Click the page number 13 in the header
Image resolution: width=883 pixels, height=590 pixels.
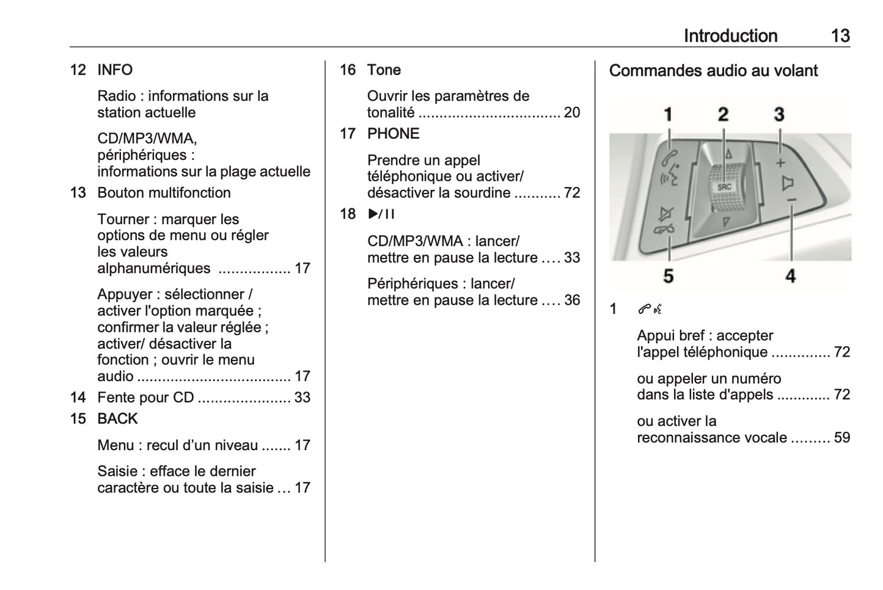coord(840,36)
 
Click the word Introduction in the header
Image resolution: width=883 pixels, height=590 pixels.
coord(730,36)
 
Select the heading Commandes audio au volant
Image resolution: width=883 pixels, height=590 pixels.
coord(713,71)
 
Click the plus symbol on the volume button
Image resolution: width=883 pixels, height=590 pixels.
coord(780,164)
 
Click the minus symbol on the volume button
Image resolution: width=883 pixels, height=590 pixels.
coord(791,200)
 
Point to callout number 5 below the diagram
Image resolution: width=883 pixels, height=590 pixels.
coord(669,276)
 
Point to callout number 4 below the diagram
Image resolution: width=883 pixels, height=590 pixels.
coord(791,276)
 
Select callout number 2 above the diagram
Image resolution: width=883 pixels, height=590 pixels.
coord(724,114)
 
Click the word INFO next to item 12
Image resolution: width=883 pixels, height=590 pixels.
coord(115,70)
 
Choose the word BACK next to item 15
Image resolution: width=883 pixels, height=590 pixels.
coord(117,418)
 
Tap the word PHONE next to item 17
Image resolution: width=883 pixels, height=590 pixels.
coord(393,134)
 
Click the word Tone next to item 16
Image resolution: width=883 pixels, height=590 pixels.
coord(384,70)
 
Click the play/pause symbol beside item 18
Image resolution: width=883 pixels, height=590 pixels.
coord(381,214)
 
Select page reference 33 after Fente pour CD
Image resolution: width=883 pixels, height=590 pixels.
coord(302,398)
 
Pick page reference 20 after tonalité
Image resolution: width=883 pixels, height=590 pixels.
coord(572,112)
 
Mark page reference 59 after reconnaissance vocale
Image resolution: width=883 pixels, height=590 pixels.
coord(842,437)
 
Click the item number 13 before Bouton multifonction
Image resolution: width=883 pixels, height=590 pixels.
coord(78,193)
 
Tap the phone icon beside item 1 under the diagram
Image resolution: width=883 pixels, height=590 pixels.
coord(650,310)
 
